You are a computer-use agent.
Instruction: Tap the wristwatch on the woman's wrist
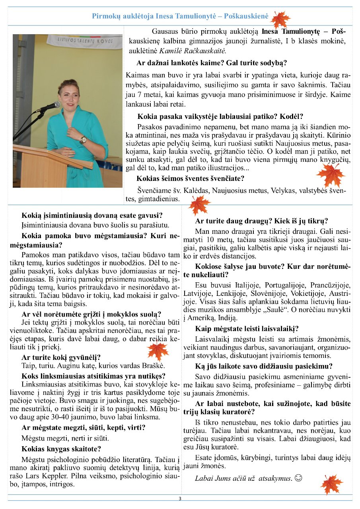coord(83,140)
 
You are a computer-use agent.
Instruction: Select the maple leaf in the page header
coord(281,19)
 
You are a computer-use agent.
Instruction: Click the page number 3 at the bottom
coord(180,499)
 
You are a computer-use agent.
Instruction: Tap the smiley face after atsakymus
coord(298,478)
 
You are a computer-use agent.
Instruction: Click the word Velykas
coord(283,190)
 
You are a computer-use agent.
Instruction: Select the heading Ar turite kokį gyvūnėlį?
coord(61,357)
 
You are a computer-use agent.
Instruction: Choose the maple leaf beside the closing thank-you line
coord(331,484)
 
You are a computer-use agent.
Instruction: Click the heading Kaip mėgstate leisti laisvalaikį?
coord(247,329)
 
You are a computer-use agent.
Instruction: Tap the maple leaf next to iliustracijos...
coord(330,175)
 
